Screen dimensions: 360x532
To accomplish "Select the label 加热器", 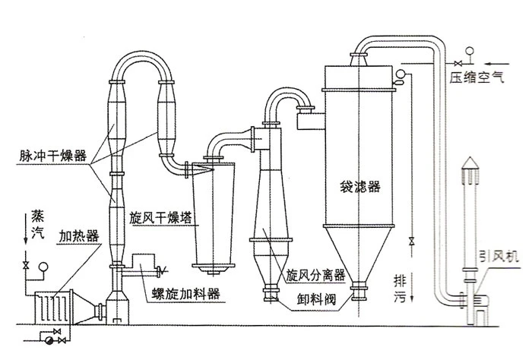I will (x=79, y=236).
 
